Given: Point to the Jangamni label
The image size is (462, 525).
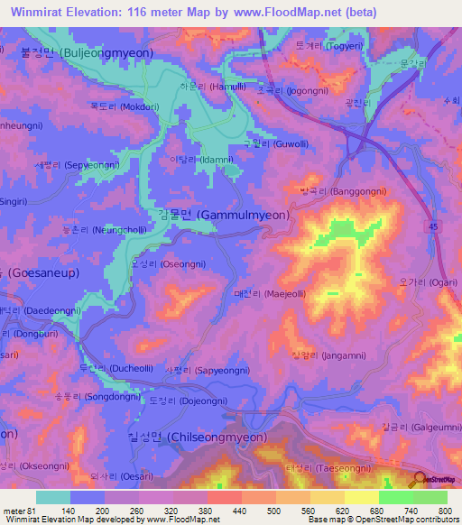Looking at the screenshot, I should click(322, 355).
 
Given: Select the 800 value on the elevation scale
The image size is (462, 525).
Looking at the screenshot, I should click(432, 511).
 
